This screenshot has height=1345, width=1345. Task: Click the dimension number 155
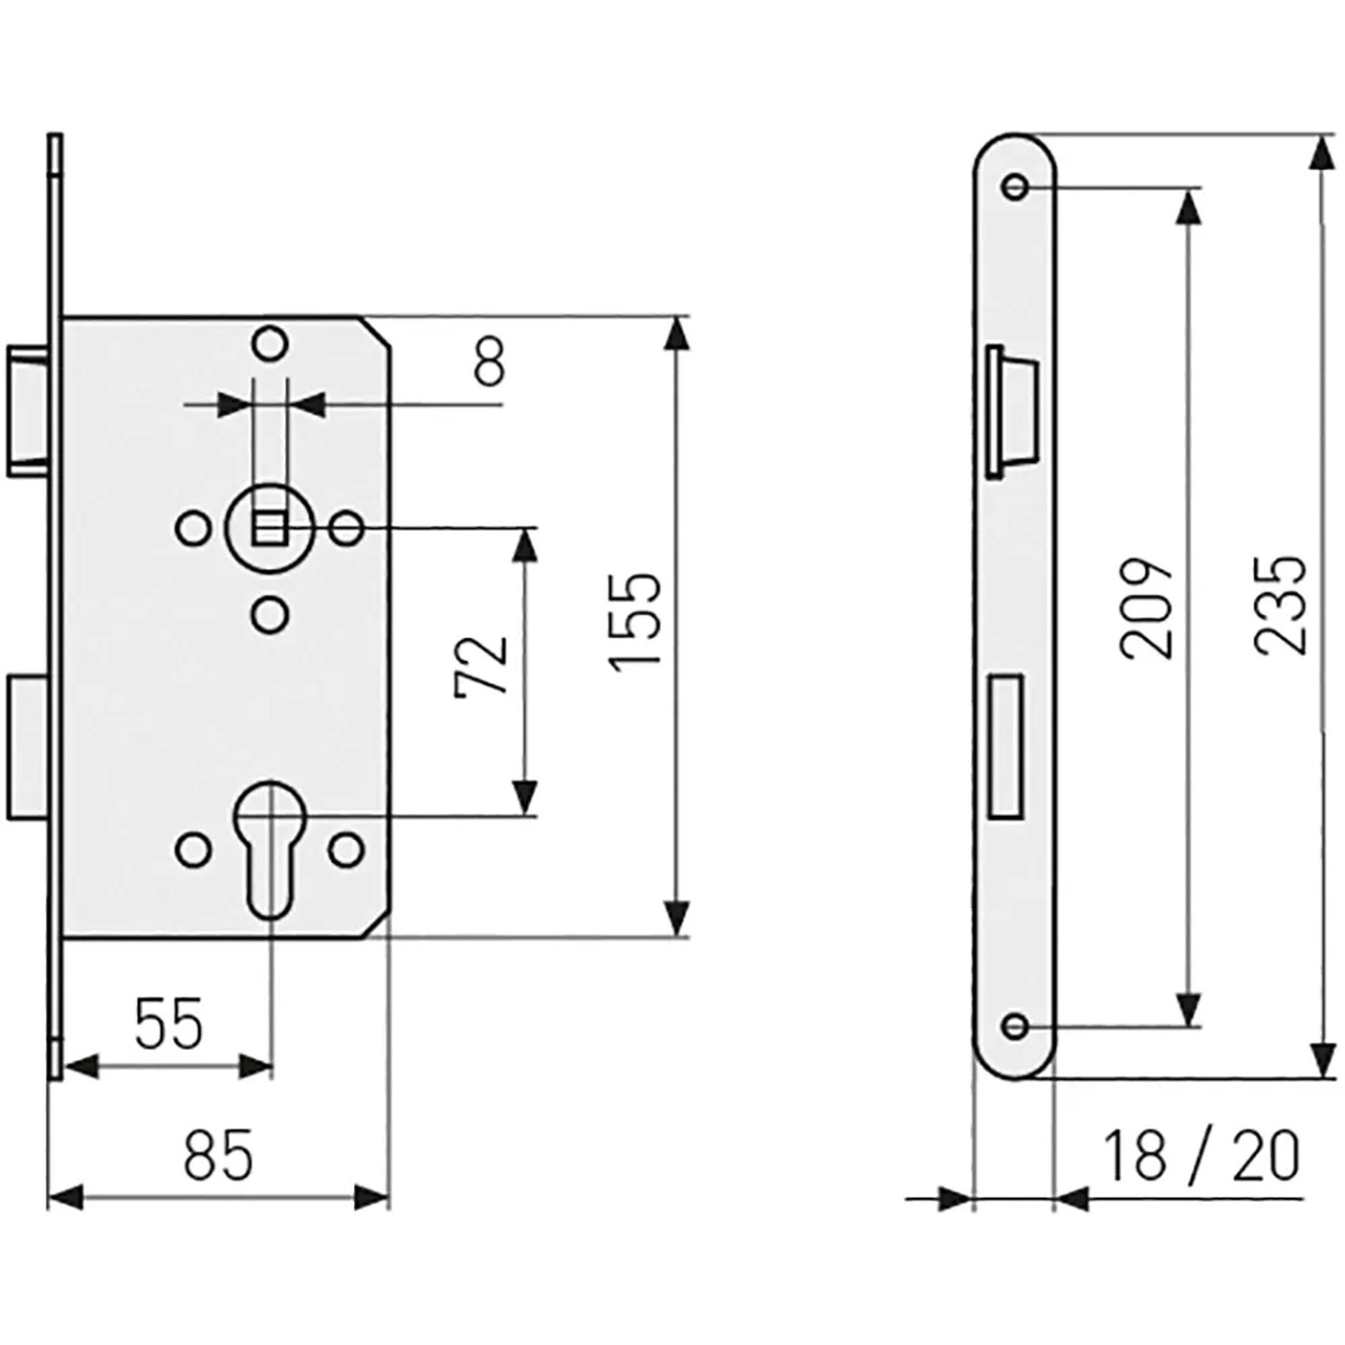(635, 619)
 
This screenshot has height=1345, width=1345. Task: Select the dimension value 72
(482, 666)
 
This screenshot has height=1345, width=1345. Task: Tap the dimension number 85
(219, 1156)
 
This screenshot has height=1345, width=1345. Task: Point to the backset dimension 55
(169, 1024)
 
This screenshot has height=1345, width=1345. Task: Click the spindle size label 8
(489, 363)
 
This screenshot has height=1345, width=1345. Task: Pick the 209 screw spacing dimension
(1147, 610)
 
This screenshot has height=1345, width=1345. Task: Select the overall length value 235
(1280, 605)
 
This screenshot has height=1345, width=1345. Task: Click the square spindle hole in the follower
(269, 530)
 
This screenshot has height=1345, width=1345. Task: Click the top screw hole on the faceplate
(1015, 187)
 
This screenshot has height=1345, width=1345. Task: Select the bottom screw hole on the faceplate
(1015, 1026)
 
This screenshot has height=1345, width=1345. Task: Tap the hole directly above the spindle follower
(269, 344)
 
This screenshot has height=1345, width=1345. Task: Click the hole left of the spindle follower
(192, 529)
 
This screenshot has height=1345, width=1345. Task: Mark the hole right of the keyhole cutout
(346, 850)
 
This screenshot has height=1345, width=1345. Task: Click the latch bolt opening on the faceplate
(1012, 412)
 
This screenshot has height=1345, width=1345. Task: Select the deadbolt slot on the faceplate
(1005, 747)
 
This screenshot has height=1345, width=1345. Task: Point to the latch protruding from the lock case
(30, 409)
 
